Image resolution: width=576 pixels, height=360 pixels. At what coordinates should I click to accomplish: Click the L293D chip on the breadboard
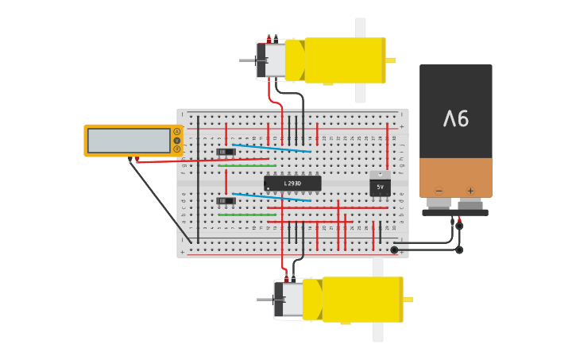[x=292, y=184]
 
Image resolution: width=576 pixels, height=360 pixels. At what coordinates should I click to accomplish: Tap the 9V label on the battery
[x=456, y=118]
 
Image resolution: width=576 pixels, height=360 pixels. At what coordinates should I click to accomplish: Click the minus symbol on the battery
[x=439, y=191]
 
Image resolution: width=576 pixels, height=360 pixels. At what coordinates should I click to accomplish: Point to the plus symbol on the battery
[x=470, y=191]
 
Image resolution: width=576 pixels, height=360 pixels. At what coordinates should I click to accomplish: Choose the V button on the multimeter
[x=176, y=141]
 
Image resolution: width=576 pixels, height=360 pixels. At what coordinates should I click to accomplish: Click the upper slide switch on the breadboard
[x=226, y=152]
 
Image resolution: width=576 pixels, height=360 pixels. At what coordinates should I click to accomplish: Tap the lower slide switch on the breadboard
[x=226, y=201]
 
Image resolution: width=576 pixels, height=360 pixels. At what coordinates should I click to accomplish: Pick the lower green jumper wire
[x=247, y=215]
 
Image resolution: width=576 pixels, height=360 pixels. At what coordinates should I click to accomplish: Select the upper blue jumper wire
[x=270, y=148]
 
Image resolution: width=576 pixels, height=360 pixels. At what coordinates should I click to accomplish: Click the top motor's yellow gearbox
[x=345, y=60]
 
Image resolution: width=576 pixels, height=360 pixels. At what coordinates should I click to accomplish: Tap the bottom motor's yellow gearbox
[x=362, y=299]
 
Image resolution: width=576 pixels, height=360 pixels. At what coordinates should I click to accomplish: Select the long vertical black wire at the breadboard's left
[x=198, y=191]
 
